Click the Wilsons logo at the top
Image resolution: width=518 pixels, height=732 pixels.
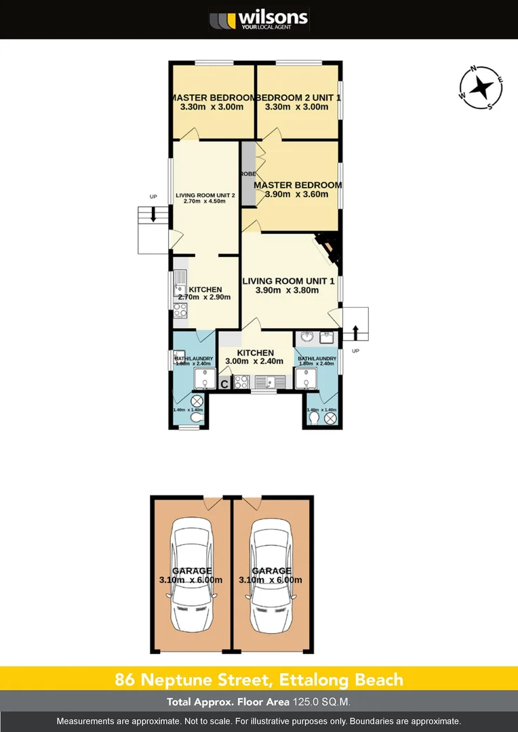pyautogui.click(x=258, y=19)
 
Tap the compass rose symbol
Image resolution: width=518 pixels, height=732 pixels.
pyautogui.click(x=481, y=87)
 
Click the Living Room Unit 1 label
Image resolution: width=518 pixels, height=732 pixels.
pyautogui.click(x=289, y=281)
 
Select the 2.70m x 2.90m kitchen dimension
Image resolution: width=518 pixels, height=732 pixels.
pyautogui.click(x=204, y=297)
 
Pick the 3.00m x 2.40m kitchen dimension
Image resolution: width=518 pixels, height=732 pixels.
pyautogui.click(x=254, y=361)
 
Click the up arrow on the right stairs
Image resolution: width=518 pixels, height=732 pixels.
pyautogui.click(x=355, y=332)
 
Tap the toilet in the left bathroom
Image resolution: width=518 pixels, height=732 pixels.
pyautogui.click(x=196, y=420)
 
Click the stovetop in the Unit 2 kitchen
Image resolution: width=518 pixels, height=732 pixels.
pyautogui.click(x=180, y=310)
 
